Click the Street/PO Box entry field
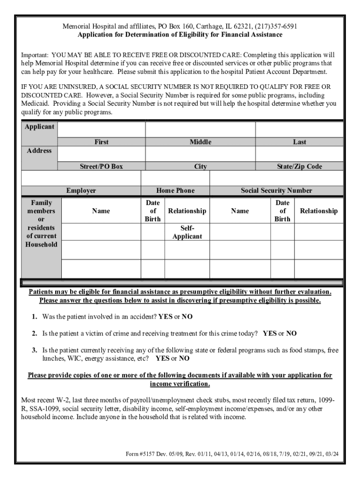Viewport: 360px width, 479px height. [101, 154]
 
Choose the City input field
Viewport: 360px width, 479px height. [200, 154]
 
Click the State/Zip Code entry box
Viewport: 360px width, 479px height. [299, 154]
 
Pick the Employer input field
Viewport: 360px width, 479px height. [81, 178]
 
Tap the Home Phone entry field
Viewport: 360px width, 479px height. [175, 178]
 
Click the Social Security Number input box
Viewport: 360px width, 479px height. [276, 178]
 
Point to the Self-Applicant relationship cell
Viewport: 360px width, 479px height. [187, 232]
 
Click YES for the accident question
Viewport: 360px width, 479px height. [165, 317]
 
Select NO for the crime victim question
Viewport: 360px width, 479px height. [291, 334]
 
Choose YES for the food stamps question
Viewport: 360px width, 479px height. [162, 359]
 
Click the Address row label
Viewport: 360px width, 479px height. [39, 151]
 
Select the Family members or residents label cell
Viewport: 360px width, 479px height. [41, 224]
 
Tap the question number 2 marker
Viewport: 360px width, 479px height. [35, 334]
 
